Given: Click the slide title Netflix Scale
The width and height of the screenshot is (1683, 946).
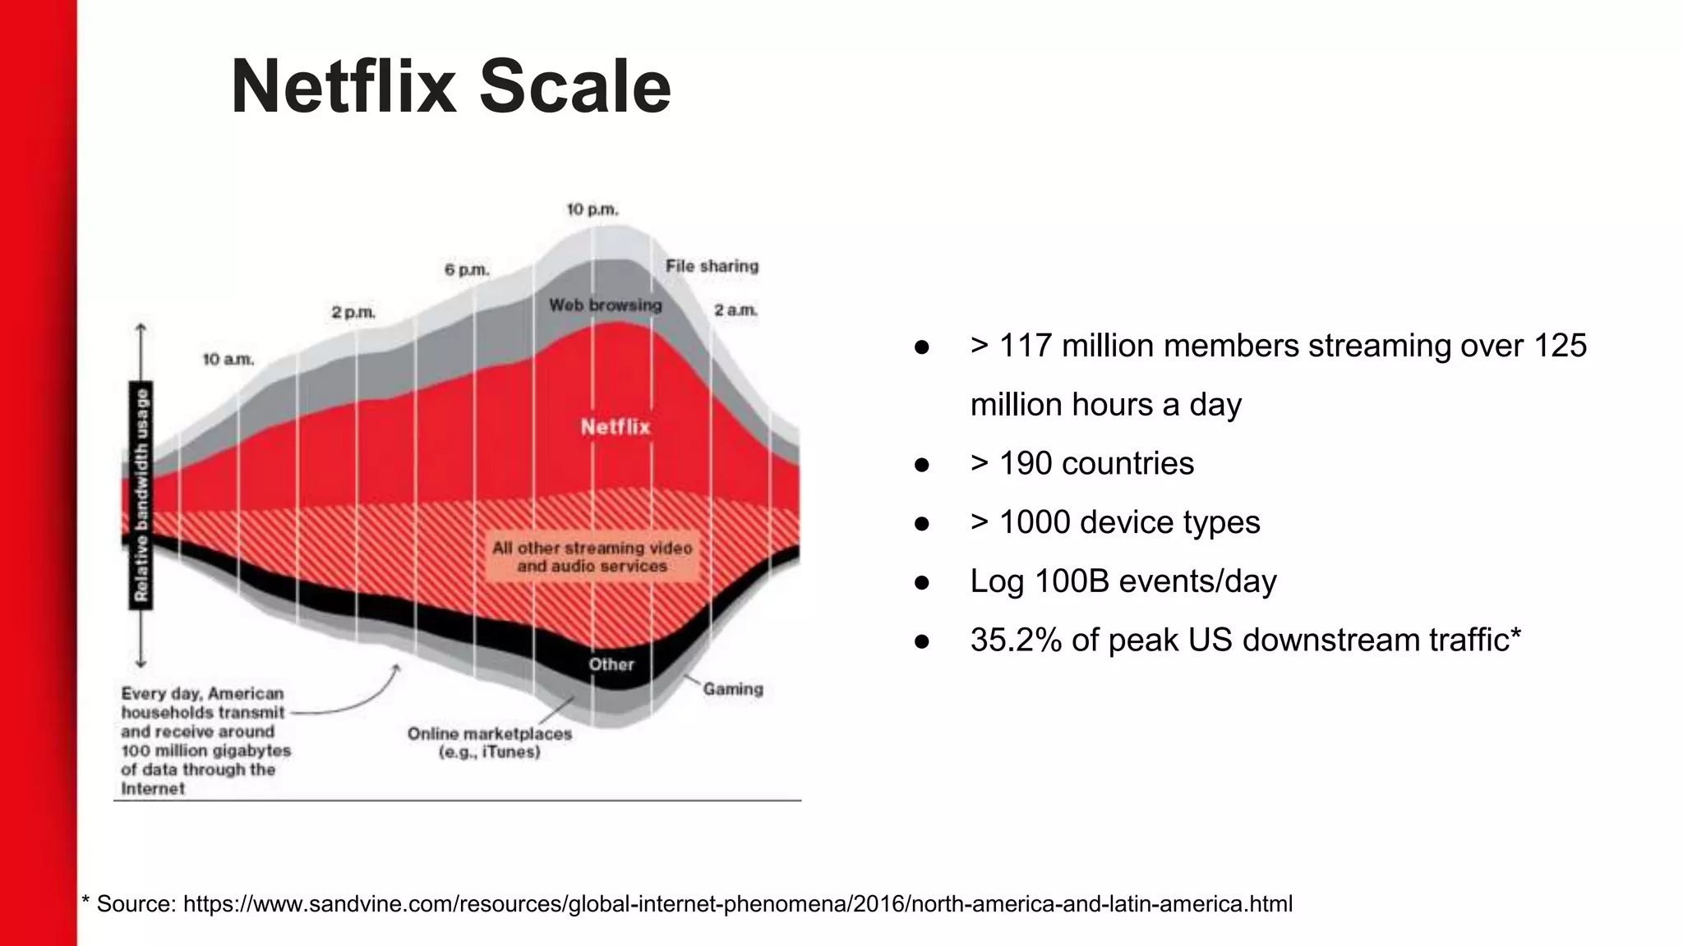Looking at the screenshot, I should [x=451, y=87].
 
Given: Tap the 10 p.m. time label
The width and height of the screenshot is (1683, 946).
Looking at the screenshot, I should [x=592, y=210].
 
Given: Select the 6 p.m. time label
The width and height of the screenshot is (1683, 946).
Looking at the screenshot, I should [x=467, y=270].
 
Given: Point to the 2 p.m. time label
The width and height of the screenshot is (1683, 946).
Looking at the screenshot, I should [x=353, y=313].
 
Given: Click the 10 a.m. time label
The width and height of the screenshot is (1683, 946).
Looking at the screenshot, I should [x=228, y=360].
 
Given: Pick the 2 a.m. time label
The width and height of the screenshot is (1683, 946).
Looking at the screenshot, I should [x=735, y=310].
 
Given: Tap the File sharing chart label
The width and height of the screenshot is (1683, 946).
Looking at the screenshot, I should [x=712, y=266].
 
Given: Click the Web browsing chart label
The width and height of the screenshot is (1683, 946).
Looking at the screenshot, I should [x=605, y=305].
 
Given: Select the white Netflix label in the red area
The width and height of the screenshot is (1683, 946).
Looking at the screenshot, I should [x=616, y=427].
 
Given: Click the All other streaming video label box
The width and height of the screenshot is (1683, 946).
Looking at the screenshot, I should [x=592, y=557].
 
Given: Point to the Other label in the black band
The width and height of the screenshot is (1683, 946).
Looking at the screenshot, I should [x=611, y=664].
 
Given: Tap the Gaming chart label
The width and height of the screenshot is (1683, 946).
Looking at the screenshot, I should [x=733, y=689].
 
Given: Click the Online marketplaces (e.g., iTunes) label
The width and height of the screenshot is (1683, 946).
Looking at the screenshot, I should [x=490, y=742].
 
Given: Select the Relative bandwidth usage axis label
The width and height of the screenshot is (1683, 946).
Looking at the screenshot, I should [x=141, y=495].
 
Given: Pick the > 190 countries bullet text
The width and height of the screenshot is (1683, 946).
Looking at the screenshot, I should [x=1081, y=463].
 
